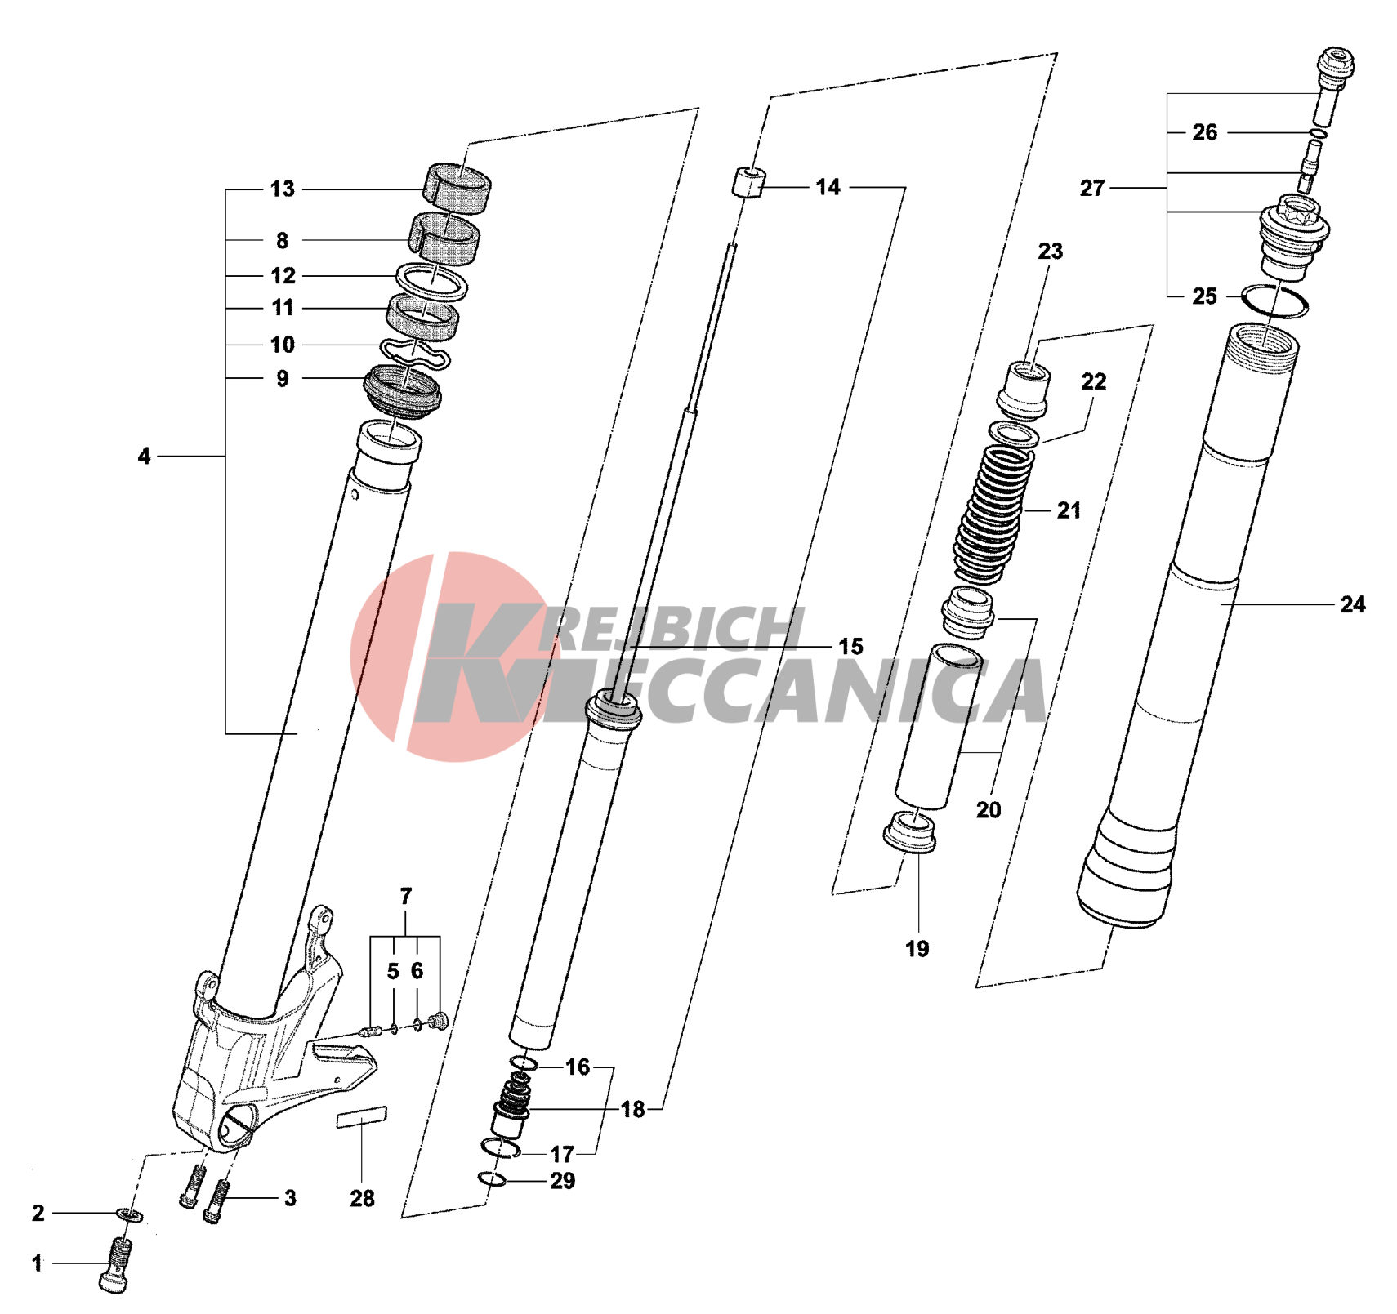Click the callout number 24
pyautogui.click(x=1352, y=604)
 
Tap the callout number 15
pyautogui.click(x=850, y=646)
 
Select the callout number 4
pyautogui.click(x=144, y=456)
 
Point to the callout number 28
pyautogui.click(x=362, y=1198)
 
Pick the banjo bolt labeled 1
pyautogui.click(x=117, y=1264)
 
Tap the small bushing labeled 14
pyautogui.click(x=748, y=182)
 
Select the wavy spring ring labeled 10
pyautogui.click(x=417, y=353)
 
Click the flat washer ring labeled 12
pyautogui.click(x=431, y=282)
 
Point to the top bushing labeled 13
pyautogui.click(x=457, y=189)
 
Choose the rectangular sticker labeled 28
pyautogui.click(x=362, y=1116)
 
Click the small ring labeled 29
pyautogui.click(x=492, y=1178)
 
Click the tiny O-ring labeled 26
pyautogui.click(x=1318, y=133)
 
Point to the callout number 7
pyautogui.click(x=406, y=896)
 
